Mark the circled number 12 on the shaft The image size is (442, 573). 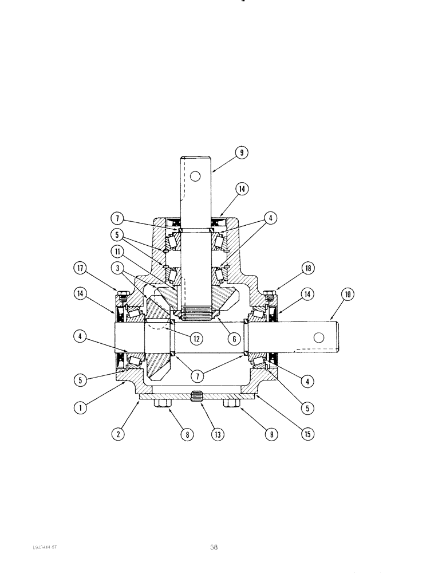pyautogui.click(x=196, y=339)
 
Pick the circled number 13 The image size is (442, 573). pyautogui.click(x=218, y=434)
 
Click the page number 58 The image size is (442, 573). pyautogui.click(x=213, y=547)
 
